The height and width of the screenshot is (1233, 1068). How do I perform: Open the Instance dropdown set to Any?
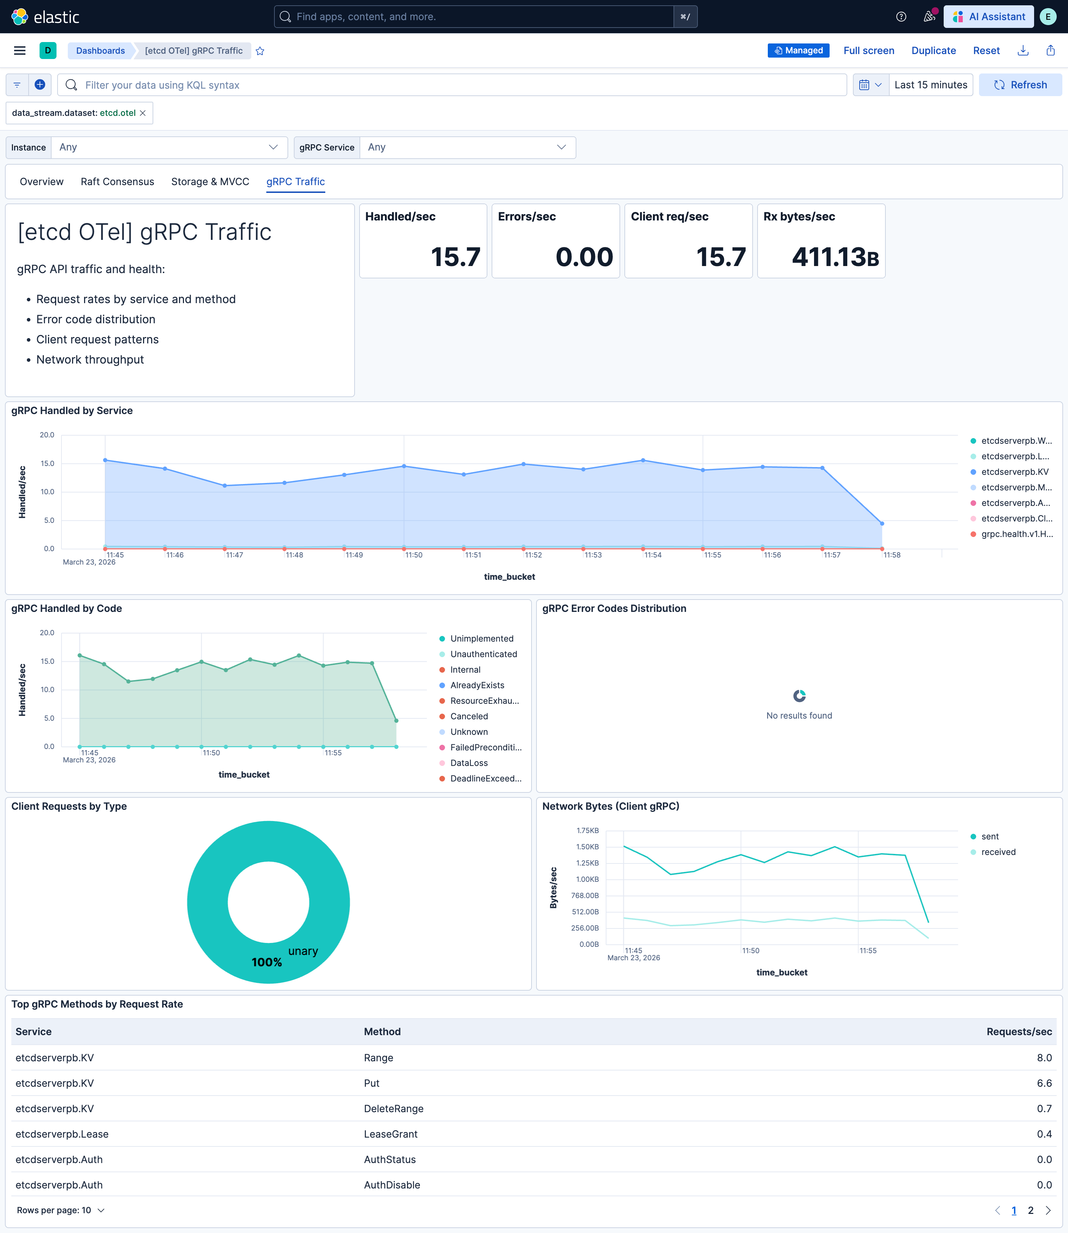coord(169,147)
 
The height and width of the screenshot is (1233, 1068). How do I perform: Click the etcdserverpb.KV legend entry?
coord(1014,472)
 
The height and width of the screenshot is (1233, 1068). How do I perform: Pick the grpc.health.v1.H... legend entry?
coord(1016,533)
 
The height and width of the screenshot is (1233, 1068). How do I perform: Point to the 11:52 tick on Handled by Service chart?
coord(533,555)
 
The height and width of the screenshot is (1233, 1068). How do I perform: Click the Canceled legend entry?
coord(469,716)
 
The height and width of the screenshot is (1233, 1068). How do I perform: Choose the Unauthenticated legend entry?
coord(483,654)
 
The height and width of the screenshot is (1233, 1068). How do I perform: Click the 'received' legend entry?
coord(998,852)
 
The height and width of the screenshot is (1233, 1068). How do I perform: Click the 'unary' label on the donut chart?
coord(303,951)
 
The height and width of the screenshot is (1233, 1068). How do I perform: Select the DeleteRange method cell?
coord(393,1108)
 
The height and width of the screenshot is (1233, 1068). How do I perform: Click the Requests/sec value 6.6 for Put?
coord(1044,1083)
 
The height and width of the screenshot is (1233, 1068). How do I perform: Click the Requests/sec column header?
coord(1019,1032)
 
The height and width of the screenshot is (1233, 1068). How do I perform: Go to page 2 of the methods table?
coord(1031,1210)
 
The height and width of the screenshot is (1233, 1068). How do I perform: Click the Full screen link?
coord(868,51)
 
